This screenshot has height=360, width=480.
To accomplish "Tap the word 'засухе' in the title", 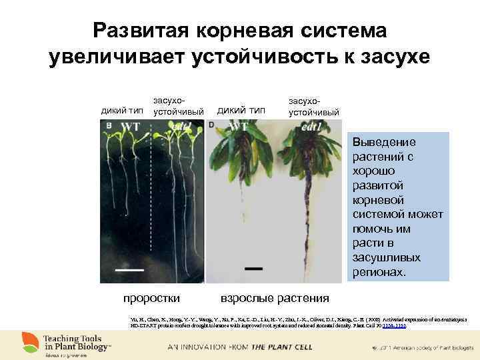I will click(389, 58).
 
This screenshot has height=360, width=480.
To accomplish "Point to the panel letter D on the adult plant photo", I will click(211, 124).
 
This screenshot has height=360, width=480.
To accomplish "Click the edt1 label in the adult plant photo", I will click(312, 127).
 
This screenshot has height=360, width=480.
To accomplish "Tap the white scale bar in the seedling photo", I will click(131, 270).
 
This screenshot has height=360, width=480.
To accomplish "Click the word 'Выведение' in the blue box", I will click(384, 142).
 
